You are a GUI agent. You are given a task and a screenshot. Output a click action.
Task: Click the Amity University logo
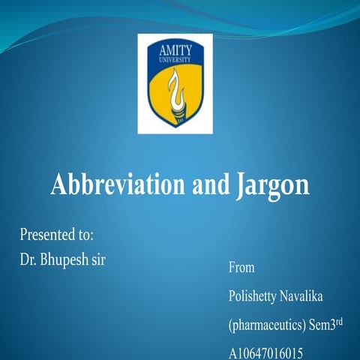[175, 83]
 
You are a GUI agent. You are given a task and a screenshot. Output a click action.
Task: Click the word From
[241, 267]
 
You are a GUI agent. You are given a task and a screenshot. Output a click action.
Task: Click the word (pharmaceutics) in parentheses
[269, 326]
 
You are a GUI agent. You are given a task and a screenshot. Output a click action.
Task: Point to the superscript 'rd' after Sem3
[348, 322]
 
